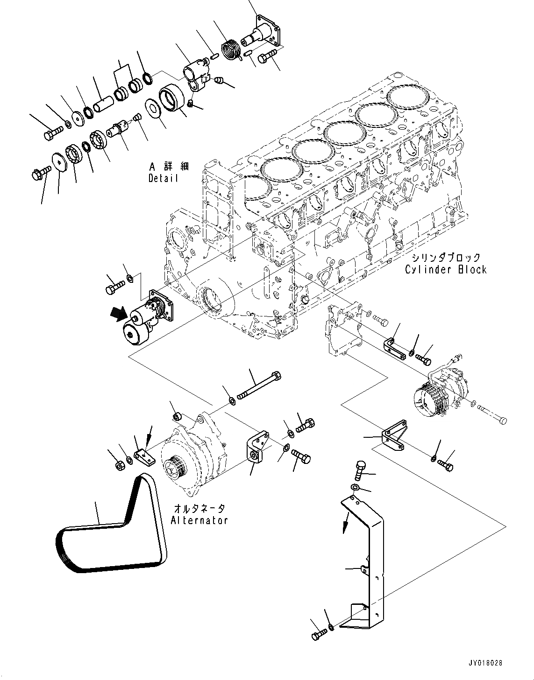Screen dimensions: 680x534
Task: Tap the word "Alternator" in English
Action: click(199, 520)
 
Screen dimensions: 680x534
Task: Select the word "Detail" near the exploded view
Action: click(163, 178)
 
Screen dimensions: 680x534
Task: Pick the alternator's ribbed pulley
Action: click(176, 465)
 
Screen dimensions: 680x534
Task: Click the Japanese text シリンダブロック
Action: click(446, 258)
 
